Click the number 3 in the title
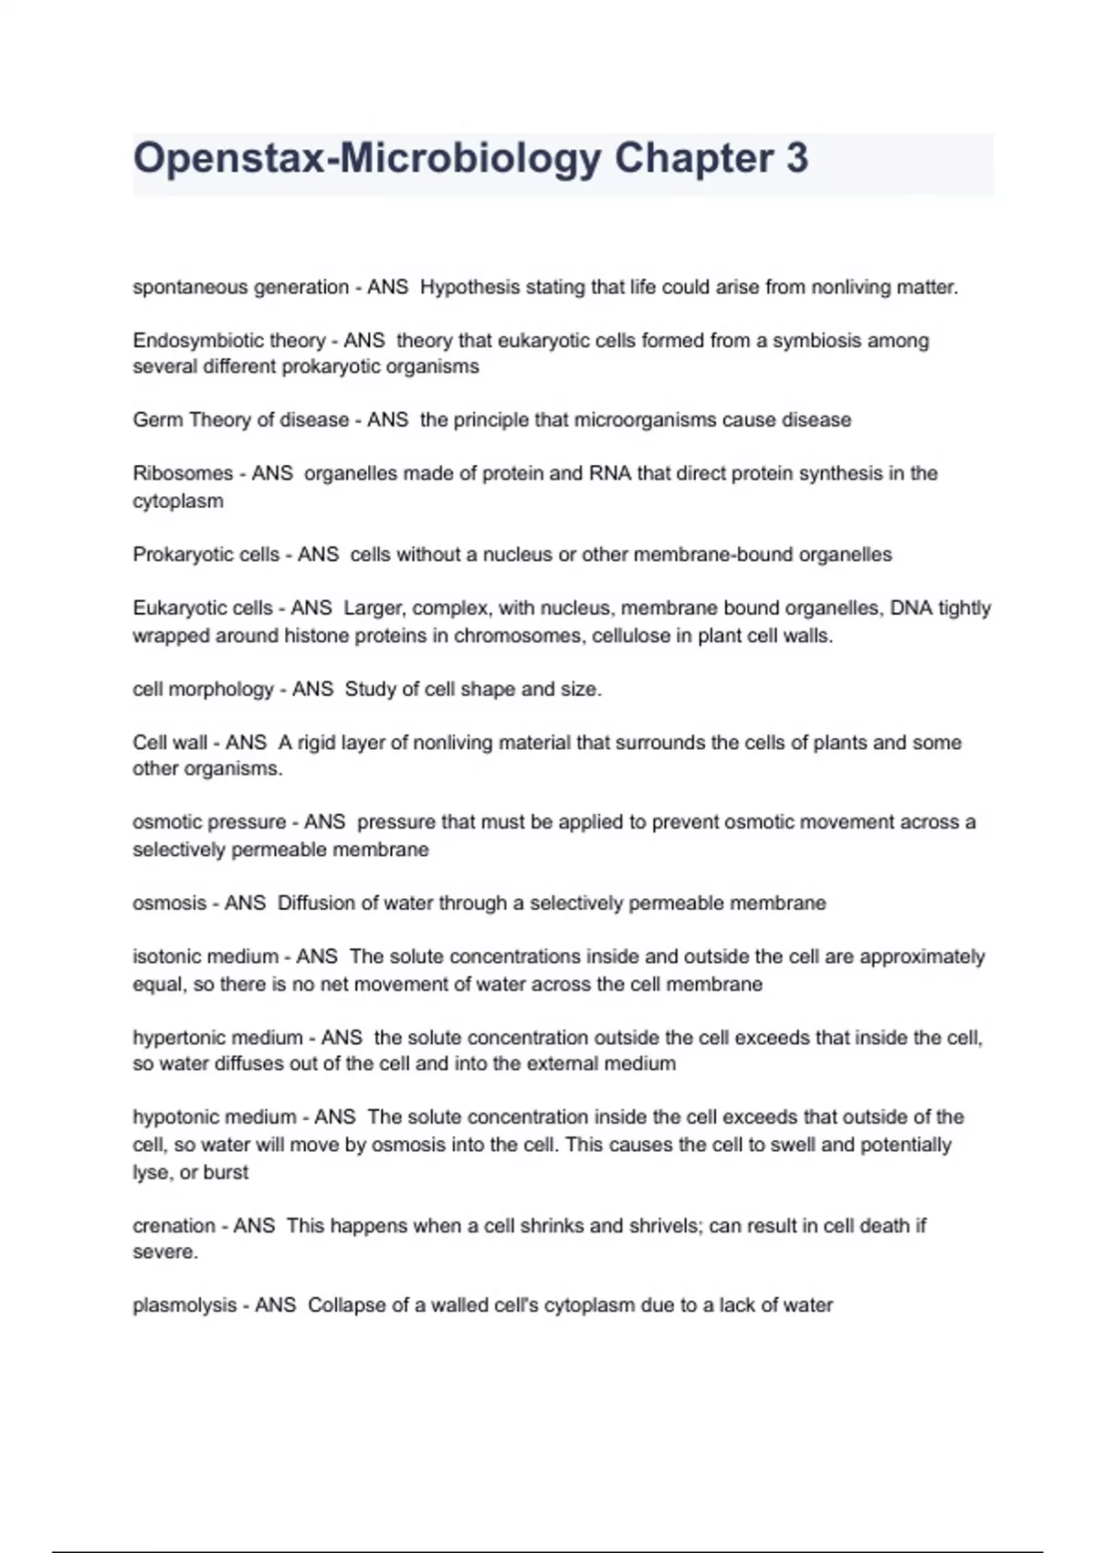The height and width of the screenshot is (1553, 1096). [796, 158]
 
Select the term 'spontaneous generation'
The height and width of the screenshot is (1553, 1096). [241, 288]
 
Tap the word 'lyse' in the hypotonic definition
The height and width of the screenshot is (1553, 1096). [149, 1173]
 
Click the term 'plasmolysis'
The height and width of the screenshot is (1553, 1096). [184, 1305]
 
